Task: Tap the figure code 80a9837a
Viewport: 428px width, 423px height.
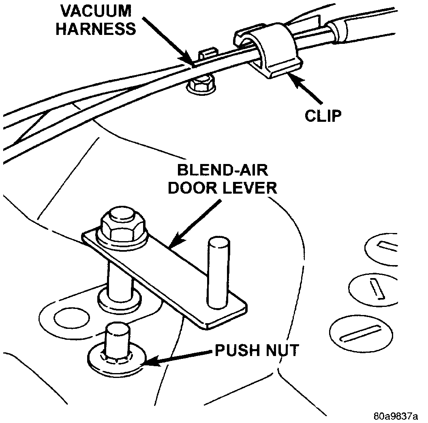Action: coord(396,416)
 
